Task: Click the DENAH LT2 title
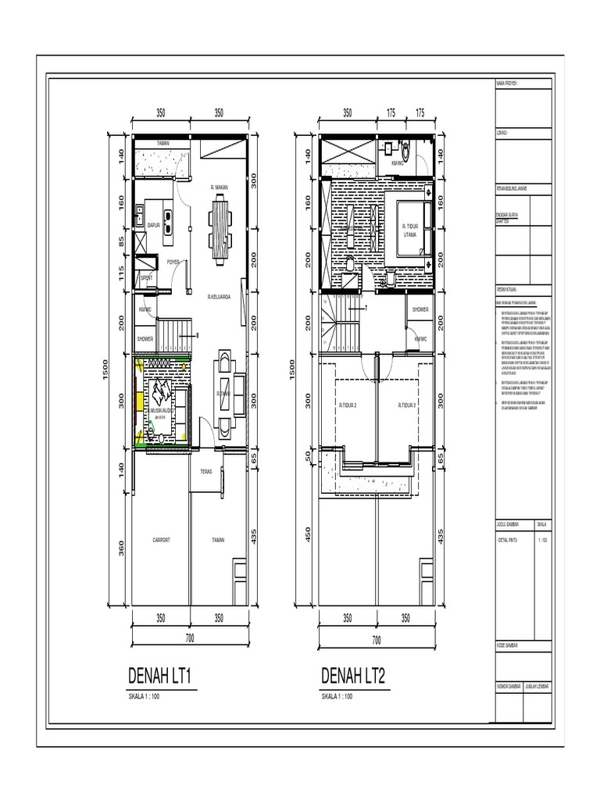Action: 353,676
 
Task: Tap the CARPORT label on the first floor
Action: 162,540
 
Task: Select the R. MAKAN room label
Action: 220,187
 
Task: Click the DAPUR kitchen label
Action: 154,225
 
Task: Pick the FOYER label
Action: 173,262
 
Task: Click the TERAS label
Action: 206,471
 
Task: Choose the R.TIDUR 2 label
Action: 348,405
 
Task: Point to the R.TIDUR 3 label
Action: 406,405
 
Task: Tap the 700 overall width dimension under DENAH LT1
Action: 190,639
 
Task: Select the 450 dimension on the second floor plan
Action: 307,534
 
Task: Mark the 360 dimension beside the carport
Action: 121,548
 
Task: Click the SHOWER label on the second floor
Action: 421,309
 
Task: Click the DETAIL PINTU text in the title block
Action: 509,540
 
